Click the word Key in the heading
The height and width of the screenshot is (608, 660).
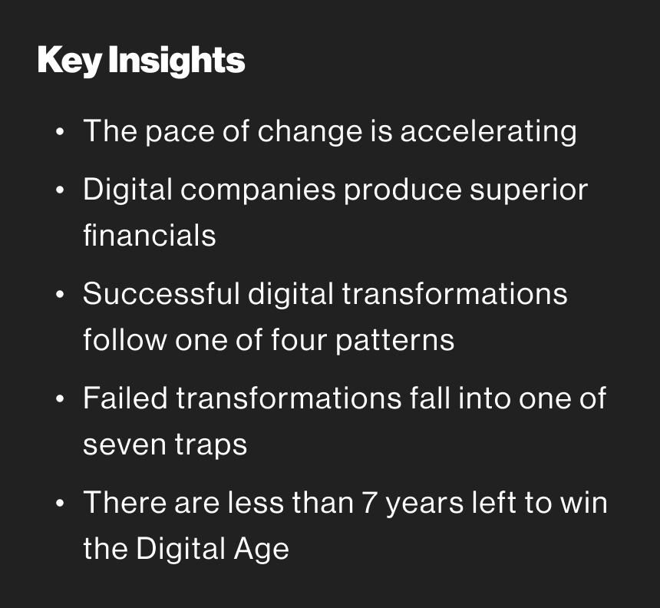pyautogui.click(x=69, y=61)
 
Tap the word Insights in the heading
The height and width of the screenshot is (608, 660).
pyautogui.click(x=177, y=61)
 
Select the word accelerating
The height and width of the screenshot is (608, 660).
pyautogui.click(x=488, y=132)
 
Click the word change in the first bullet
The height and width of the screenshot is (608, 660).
pyautogui.click(x=310, y=132)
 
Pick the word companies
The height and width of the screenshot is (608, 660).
pyautogui.click(x=258, y=190)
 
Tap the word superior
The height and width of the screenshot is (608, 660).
pyautogui.click(x=529, y=190)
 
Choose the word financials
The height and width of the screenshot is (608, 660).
pyautogui.click(x=150, y=235)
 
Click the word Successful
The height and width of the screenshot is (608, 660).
pyautogui.click(x=161, y=293)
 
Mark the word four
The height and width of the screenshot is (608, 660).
pyautogui.click(x=299, y=339)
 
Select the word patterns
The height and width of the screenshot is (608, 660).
pyautogui.click(x=394, y=341)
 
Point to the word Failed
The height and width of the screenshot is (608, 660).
pyautogui.click(x=125, y=398)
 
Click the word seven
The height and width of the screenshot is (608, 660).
pyautogui.click(x=124, y=445)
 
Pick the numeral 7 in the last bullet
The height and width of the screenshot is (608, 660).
pyautogui.click(x=369, y=502)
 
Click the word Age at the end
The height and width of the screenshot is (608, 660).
pyautogui.click(x=262, y=550)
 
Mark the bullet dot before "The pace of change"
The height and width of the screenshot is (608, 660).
pyautogui.click(x=60, y=132)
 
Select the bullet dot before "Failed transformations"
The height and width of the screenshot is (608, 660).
pyautogui.click(x=60, y=398)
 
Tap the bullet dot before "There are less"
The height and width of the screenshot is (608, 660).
pyautogui.click(x=60, y=503)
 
